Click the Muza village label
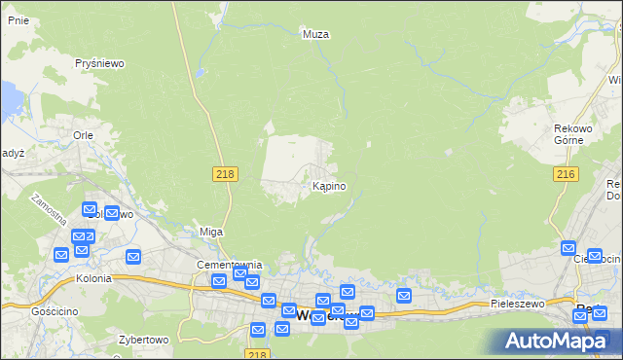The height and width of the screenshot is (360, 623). coord(315,34)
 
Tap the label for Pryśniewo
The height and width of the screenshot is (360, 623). coord(100,63)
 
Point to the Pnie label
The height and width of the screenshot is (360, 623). coord(17,19)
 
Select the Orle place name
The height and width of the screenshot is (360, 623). coord(82,136)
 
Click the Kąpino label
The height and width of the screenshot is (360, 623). coord(328,186)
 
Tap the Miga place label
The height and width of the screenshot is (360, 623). coord(211,232)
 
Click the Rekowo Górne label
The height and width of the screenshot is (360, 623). coord(574,134)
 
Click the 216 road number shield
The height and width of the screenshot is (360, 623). coord(566,173)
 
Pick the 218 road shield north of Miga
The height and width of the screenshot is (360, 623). coord(224,172)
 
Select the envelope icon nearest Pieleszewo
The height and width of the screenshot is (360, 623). coord(404,296)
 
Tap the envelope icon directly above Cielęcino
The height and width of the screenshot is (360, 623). coord(568,249)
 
